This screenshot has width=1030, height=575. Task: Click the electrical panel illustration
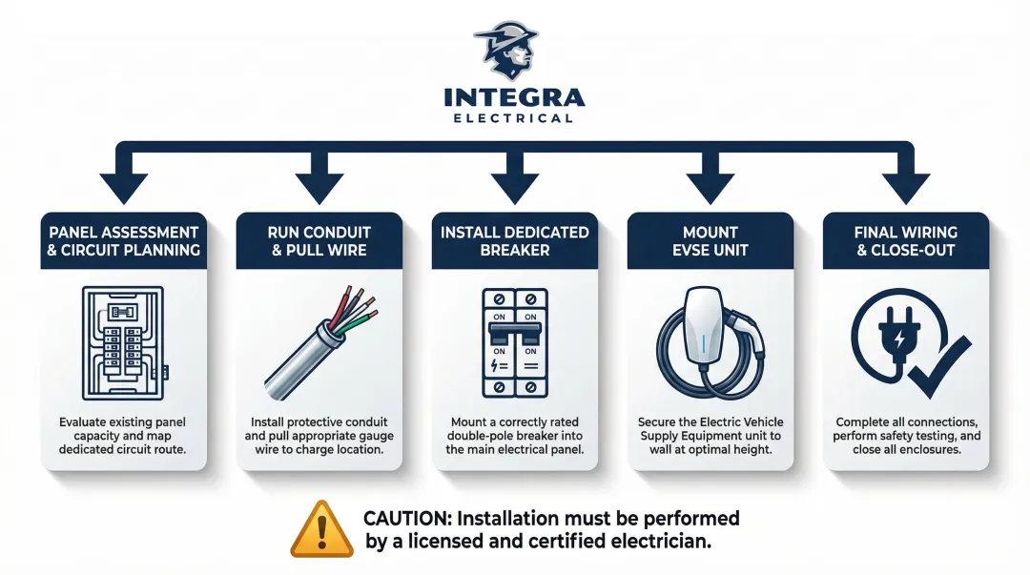(125, 342)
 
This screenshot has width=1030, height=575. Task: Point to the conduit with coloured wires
(319, 342)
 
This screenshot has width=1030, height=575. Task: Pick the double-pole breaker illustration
(514, 342)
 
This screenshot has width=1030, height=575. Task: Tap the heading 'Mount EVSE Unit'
(710, 240)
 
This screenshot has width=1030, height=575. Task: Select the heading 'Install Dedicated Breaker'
(514, 240)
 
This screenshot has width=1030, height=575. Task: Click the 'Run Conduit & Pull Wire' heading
(319, 240)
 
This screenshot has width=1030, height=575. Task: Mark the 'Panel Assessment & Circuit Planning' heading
(125, 240)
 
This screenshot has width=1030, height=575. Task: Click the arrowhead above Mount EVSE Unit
(710, 187)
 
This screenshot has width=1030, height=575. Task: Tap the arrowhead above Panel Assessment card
(125, 187)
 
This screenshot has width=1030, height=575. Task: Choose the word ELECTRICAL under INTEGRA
(514, 118)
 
